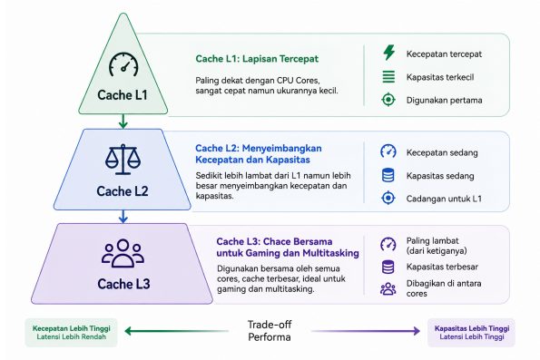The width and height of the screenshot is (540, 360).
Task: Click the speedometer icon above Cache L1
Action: click(123, 64)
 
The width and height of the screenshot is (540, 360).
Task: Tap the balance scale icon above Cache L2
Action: click(123, 160)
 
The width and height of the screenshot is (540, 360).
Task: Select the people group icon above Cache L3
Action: click(123, 253)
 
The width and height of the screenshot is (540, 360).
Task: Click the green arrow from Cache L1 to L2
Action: click(123, 122)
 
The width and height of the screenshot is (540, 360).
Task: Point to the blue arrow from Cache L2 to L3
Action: click(123, 217)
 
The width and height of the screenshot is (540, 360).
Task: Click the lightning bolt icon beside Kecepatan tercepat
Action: click(388, 53)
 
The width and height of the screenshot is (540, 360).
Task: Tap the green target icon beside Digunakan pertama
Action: click(388, 100)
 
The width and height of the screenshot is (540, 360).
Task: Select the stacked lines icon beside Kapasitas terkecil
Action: click(388, 76)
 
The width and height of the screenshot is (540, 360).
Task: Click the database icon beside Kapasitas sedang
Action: click(388, 175)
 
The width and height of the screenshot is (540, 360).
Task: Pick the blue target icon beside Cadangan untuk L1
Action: click(388, 199)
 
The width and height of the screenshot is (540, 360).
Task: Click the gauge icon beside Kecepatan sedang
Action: click(388, 151)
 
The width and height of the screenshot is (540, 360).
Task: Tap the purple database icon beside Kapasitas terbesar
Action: click(388, 268)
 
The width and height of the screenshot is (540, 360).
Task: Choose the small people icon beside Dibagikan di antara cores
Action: click(388, 288)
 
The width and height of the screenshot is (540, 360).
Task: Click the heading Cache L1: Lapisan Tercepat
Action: click(257, 59)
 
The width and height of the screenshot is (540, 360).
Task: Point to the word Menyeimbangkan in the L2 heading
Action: click(281, 149)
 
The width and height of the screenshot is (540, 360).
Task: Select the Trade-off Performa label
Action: click(270, 331)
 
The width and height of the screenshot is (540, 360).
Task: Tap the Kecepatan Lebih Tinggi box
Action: click(72, 332)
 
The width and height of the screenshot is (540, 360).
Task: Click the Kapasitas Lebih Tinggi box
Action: click(471, 332)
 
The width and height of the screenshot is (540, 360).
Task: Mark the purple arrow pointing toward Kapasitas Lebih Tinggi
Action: click(366, 331)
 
